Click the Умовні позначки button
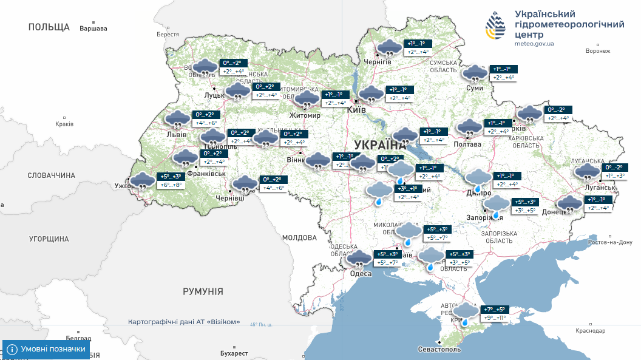coord(46,350)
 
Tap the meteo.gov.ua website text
coord(534,44)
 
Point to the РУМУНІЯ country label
coord(203,291)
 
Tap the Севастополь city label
coord(439,350)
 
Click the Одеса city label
coord(361,274)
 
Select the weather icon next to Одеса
coord(359,259)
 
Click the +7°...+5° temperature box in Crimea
coord(495,310)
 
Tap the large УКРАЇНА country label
coord(379,145)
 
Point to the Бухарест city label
coord(234,353)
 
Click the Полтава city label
coord(467,144)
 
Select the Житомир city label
coord(305,115)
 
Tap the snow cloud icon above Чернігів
coord(389,47)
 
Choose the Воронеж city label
coord(597,51)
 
